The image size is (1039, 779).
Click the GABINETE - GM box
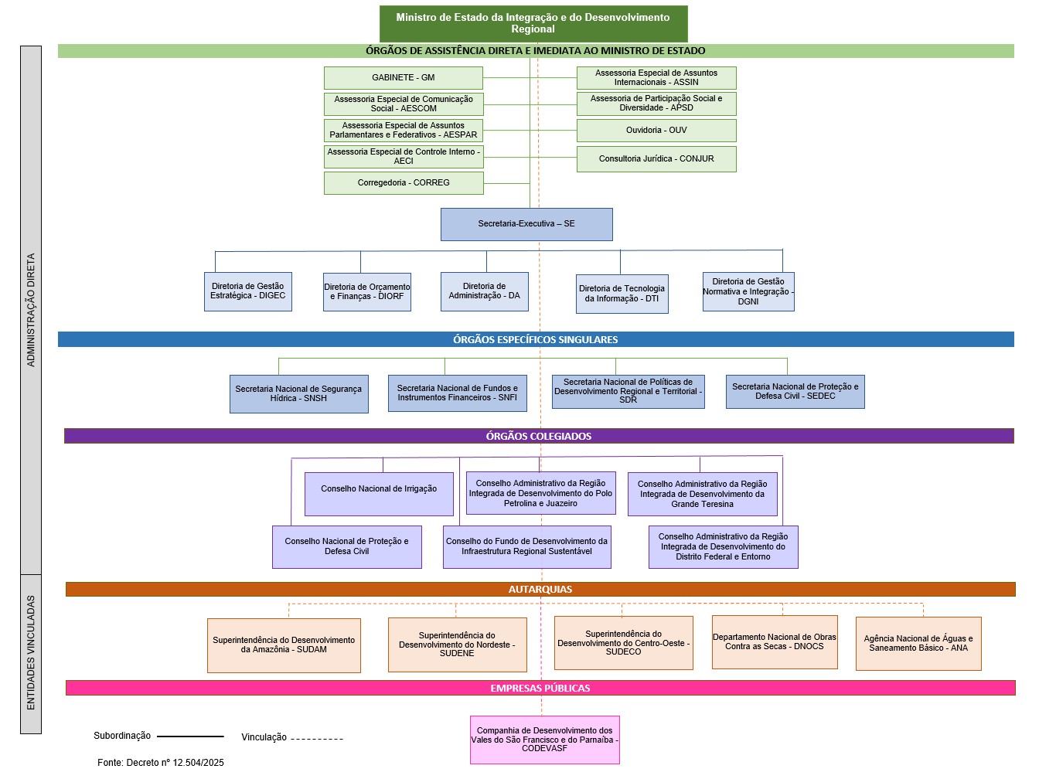404,78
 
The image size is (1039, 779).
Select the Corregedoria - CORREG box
404,183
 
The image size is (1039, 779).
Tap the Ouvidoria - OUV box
656,131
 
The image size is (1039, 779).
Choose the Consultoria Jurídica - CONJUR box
656,159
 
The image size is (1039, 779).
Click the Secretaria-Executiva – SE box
526,224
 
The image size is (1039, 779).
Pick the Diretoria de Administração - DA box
485,291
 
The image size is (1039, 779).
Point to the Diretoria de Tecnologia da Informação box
622,294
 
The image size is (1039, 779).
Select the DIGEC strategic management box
248,291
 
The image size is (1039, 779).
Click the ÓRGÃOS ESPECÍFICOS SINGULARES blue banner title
536,339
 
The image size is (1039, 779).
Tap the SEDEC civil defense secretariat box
795,392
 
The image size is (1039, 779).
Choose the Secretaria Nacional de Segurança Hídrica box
299,394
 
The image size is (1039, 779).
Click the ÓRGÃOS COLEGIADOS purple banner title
539,436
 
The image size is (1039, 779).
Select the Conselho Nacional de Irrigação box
379,495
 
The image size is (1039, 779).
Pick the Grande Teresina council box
703,495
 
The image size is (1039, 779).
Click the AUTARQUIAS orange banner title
540,590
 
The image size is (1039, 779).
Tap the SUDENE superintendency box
457,645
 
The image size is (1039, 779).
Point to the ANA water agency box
918,644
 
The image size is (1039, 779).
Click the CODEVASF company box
545,740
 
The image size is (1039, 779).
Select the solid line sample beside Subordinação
190,736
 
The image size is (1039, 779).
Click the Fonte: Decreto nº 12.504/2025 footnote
161,763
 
